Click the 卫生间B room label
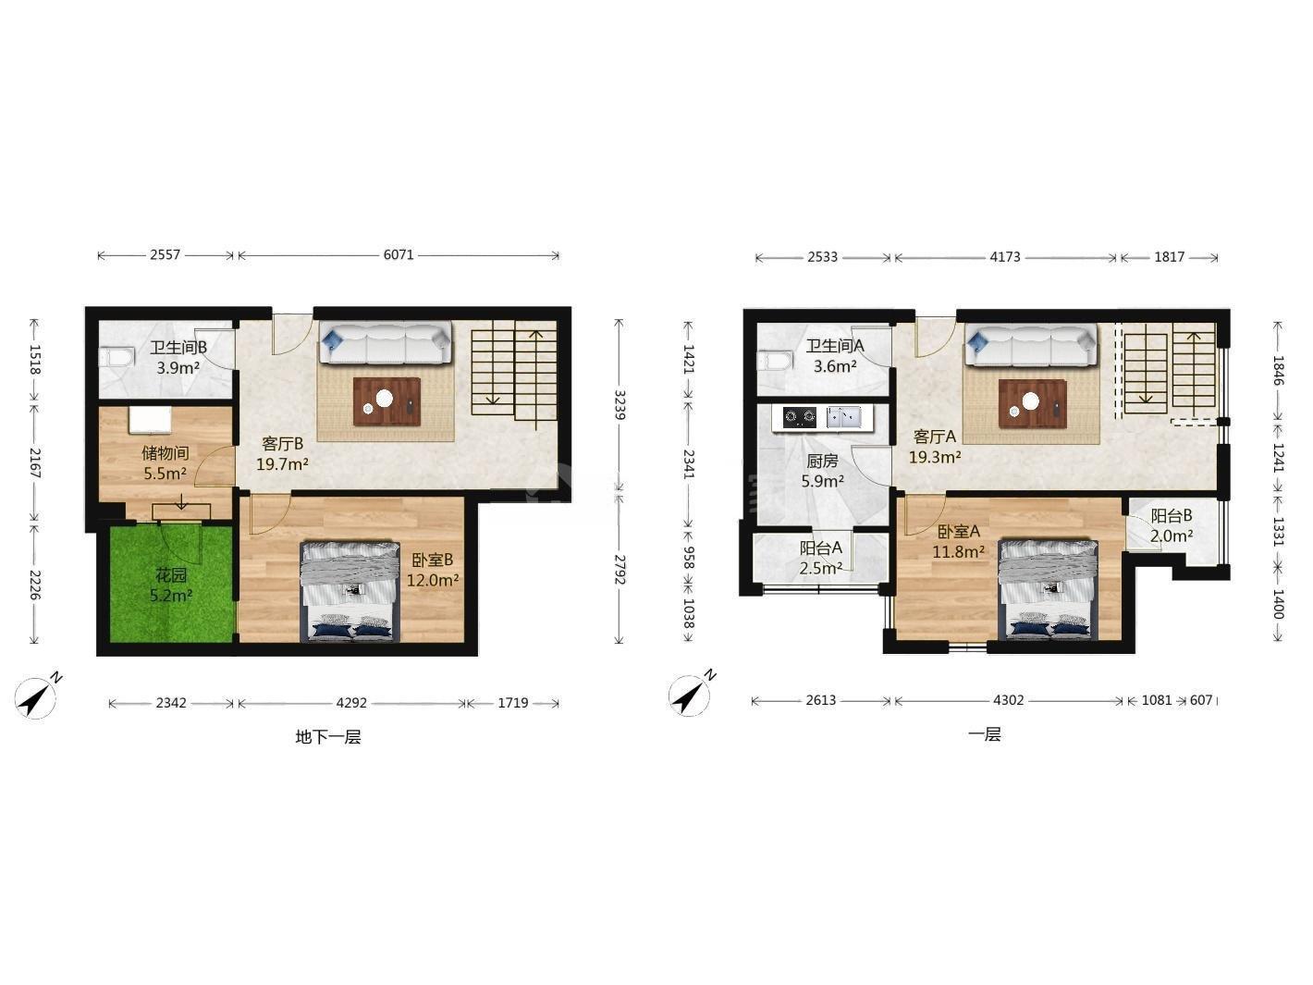point(178,348)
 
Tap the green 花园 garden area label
point(171,575)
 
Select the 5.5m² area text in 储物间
point(166,474)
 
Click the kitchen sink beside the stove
point(843,417)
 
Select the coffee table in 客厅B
point(387,401)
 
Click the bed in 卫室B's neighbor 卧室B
point(350,591)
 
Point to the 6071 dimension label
point(399,254)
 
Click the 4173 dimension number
point(1005,257)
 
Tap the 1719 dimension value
point(512,703)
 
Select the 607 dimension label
point(1201,700)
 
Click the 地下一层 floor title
point(328,737)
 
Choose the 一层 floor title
point(984,734)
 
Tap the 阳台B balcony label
point(1172,515)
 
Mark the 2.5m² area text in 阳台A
point(821,568)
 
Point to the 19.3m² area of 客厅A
point(935,458)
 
